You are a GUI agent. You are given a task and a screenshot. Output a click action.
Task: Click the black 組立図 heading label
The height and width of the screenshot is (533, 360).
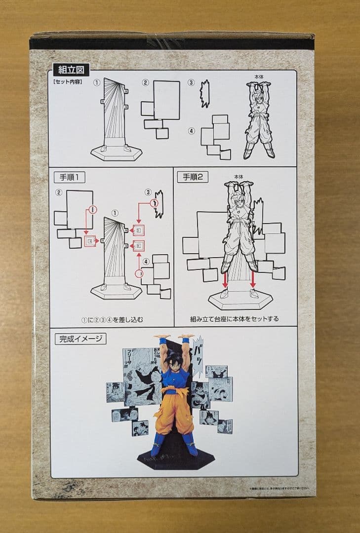point(71,70)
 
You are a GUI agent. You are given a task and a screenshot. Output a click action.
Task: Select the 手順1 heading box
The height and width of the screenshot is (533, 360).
point(70,177)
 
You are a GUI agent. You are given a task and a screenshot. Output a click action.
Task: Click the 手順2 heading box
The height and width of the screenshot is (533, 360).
point(194,177)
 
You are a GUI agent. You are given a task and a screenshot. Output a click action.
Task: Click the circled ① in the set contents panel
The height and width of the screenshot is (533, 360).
point(97,83)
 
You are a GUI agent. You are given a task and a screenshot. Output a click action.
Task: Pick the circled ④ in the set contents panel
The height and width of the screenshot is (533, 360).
point(192,131)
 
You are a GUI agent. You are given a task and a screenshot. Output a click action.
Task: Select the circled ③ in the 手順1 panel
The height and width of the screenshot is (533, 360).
point(148,191)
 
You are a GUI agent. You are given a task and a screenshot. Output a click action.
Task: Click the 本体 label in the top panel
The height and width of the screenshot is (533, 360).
point(258,77)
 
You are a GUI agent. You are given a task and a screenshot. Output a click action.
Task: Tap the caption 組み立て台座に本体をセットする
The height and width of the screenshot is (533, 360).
point(235,319)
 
